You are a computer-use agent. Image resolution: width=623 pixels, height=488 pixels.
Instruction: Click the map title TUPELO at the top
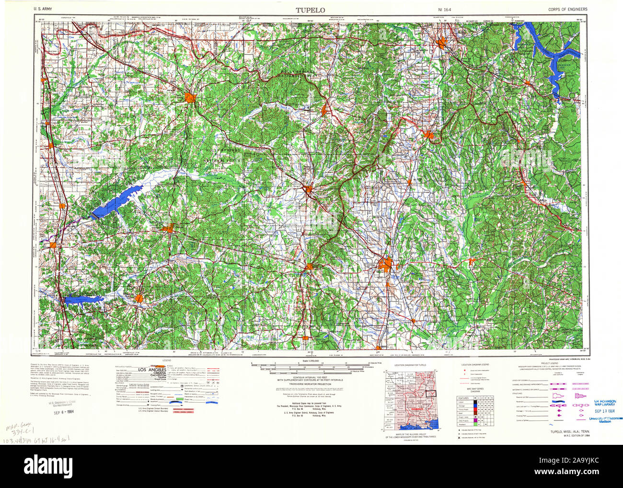pyautogui.click(x=311, y=10)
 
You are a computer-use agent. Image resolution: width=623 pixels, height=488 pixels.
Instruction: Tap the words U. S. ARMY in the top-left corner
pyautogui.click(x=43, y=9)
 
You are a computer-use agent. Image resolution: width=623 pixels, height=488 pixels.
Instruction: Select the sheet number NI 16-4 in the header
pyautogui.click(x=445, y=9)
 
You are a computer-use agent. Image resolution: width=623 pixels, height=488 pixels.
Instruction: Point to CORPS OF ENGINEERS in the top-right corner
pyautogui.click(x=567, y=9)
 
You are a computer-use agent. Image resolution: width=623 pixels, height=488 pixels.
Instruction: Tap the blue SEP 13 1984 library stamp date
pyautogui.click(x=605, y=410)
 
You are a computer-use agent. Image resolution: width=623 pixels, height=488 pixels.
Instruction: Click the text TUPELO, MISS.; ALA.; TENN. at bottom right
pyautogui.click(x=569, y=431)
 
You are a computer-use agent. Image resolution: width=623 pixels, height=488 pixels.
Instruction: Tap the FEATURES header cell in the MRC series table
pyautogui.click(x=463, y=398)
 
